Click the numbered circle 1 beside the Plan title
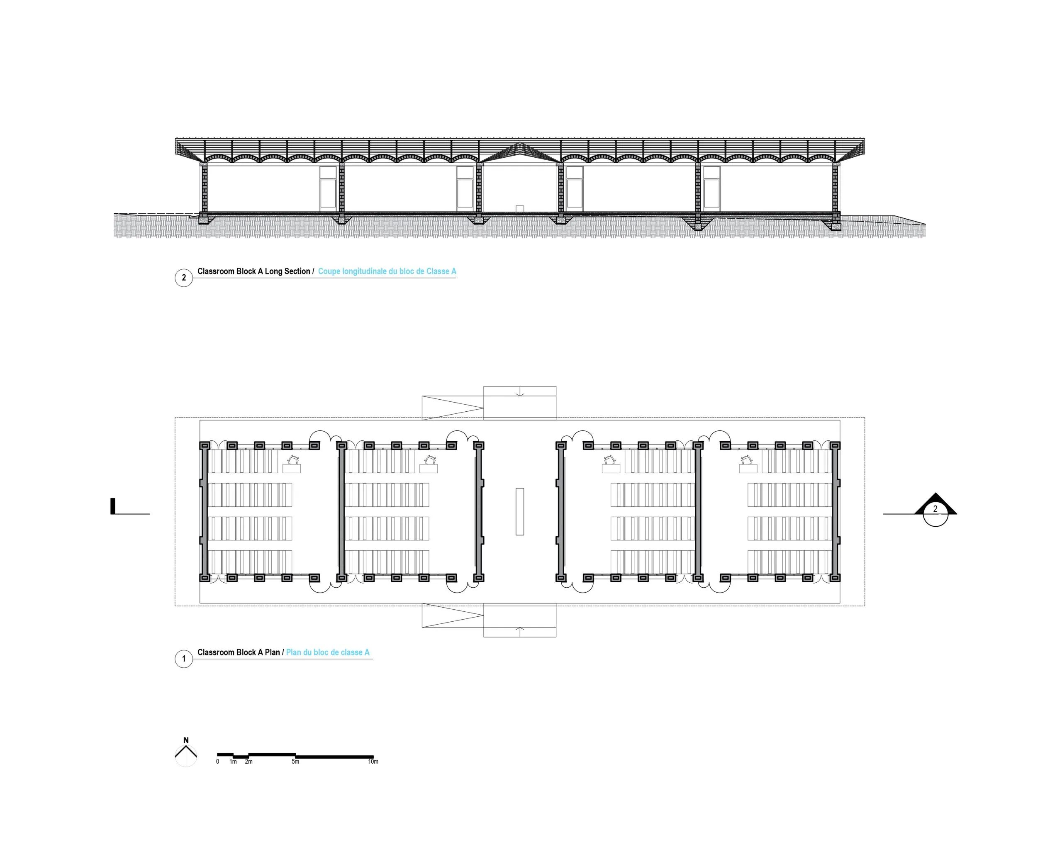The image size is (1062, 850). pos(184,659)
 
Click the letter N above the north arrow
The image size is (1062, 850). pos(186,740)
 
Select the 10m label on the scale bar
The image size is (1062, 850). pos(373,762)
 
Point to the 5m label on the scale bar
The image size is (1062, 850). pos(295,762)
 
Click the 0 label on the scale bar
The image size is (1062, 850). pos(217,762)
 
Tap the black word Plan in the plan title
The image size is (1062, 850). pos(273,652)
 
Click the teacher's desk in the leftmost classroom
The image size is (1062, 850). pos(292,469)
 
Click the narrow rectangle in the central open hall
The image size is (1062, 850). pos(520,511)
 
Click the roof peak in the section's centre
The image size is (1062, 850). pos(520,143)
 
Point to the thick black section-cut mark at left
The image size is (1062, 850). pos(113,506)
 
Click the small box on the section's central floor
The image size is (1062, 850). pos(520,209)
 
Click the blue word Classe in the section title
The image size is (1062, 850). pos(438,271)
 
